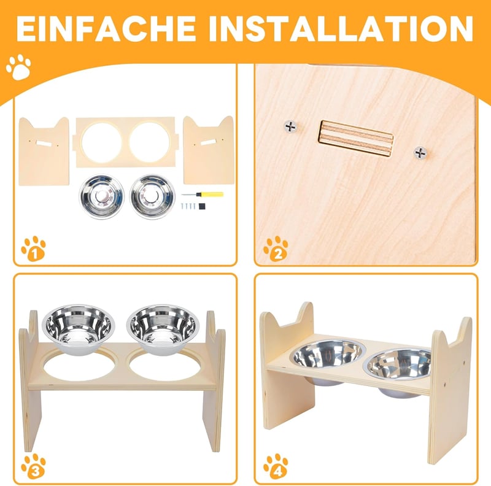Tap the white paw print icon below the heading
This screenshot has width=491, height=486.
(x=18, y=67)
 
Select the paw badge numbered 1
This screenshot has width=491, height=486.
(x=34, y=249)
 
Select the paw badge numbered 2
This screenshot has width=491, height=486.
(x=276, y=249)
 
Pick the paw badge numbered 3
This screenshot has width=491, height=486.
(x=34, y=466)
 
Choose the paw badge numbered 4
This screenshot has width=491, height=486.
(x=276, y=466)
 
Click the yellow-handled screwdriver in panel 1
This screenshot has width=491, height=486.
(x=203, y=195)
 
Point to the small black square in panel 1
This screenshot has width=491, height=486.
(x=202, y=206)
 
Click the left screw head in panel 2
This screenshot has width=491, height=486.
(x=290, y=127)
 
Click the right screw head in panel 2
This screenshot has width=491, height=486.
(x=420, y=153)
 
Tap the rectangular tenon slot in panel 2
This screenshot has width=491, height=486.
(x=356, y=139)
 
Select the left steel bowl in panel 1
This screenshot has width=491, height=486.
(x=101, y=196)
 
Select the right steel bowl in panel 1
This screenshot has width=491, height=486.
(x=152, y=196)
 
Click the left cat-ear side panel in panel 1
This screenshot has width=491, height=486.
(x=44, y=151)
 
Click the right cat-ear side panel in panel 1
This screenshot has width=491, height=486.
(x=209, y=150)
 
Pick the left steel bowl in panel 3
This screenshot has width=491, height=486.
(x=79, y=330)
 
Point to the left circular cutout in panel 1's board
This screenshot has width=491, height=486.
(x=101, y=142)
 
